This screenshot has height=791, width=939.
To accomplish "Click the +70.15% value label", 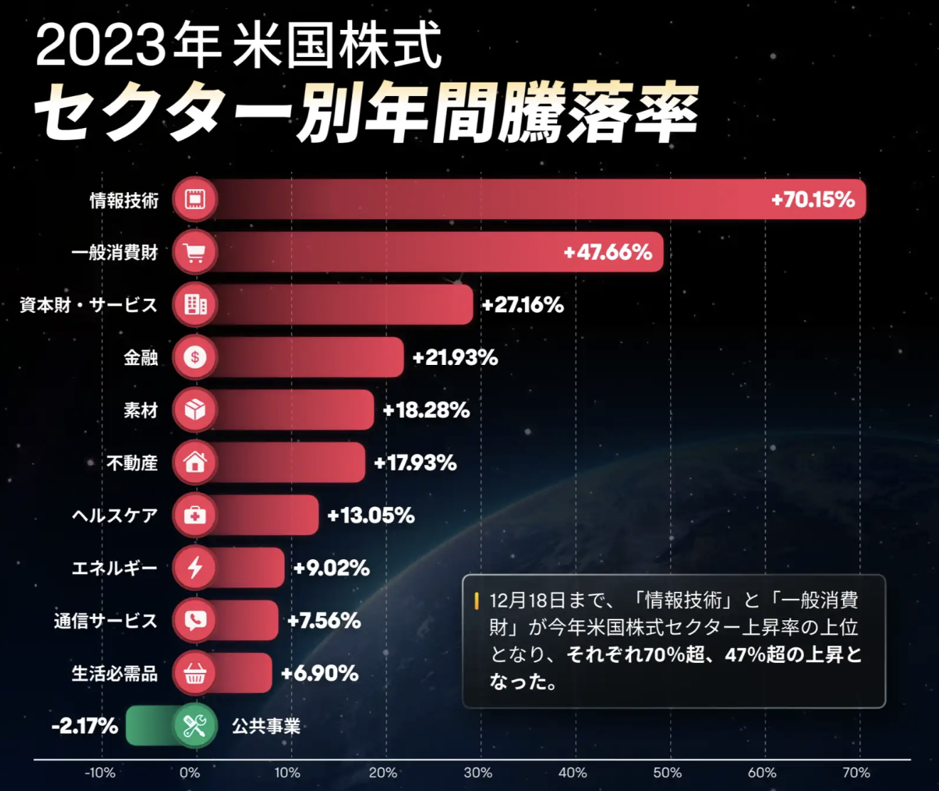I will click(x=812, y=199).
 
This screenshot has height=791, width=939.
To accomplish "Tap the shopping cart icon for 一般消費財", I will click(x=195, y=252).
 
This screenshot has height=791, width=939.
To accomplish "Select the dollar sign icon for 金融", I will click(x=195, y=357).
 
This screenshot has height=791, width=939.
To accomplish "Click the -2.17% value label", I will click(x=85, y=726).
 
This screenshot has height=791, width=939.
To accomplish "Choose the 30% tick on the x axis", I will click(x=477, y=773).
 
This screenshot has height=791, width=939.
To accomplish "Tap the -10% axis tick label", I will click(x=100, y=773).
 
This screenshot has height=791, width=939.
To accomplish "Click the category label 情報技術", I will click(x=124, y=201).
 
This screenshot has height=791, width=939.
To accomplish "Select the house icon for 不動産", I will click(x=195, y=462).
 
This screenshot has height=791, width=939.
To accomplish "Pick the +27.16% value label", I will click(x=523, y=305).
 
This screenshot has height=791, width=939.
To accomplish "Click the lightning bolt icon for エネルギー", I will click(x=195, y=568).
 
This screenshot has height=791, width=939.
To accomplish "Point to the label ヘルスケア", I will click(x=115, y=515).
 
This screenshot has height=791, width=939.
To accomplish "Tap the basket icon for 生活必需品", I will click(x=195, y=673).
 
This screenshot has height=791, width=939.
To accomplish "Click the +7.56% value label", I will click(x=324, y=621).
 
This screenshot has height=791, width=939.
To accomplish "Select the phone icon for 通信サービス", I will click(x=195, y=620).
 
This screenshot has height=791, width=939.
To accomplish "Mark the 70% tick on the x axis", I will click(x=856, y=773).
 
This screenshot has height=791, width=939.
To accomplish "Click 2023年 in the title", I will click(x=128, y=46).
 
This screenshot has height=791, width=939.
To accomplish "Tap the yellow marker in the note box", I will click(x=476, y=600).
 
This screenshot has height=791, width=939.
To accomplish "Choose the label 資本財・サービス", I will click(x=88, y=305).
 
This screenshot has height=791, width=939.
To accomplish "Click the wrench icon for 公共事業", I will click(x=195, y=726).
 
